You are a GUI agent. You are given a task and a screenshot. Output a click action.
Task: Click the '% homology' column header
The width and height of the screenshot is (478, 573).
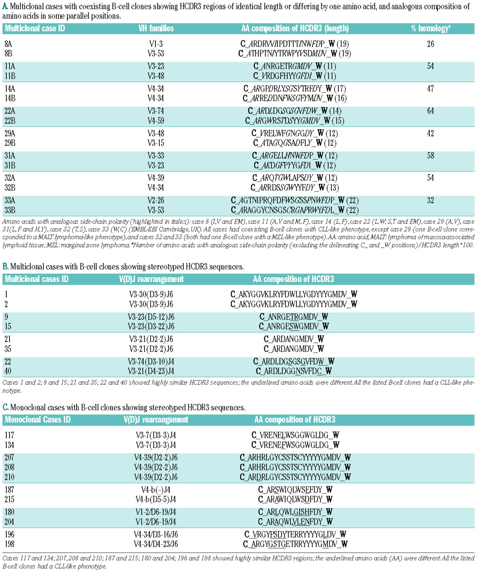click(430, 29)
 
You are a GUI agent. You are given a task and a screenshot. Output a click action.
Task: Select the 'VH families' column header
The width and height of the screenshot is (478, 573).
click(156, 29)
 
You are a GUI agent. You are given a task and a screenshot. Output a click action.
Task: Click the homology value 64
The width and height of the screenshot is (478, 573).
click(431, 111)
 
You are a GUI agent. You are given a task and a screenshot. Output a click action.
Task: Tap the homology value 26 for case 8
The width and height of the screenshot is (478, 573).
click(431, 44)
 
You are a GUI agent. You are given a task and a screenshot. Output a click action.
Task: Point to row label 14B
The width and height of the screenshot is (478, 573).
click(10, 98)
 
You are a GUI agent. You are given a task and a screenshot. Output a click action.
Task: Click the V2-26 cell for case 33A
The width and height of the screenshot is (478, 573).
click(156, 201)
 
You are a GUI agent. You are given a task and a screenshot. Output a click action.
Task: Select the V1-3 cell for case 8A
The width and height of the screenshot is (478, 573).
click(156, 44)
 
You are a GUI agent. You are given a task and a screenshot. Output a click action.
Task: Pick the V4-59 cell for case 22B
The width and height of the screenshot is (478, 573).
click(156, 121)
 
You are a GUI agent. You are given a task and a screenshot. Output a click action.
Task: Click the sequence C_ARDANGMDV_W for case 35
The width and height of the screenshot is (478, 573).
click(293, 349)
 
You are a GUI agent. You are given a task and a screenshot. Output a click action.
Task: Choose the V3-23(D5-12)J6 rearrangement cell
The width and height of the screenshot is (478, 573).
click(151, 317)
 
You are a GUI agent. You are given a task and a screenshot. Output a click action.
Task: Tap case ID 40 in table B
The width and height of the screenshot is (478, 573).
click(8, 371)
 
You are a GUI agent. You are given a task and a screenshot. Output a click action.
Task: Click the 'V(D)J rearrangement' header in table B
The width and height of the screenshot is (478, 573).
click(151, 279)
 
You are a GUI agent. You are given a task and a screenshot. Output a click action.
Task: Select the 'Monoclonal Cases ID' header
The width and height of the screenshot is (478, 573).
click(38, 420)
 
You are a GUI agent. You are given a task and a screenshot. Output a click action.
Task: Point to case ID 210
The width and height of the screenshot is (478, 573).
click(9, 477)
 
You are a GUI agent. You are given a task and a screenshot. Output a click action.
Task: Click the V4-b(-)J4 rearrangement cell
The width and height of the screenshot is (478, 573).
click(156, 490)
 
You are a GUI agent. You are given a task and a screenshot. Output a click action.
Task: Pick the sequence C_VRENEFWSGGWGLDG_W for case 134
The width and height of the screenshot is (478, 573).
click(295, 445)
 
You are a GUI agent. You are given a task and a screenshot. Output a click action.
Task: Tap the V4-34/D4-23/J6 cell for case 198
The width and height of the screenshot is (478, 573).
click(156, 544)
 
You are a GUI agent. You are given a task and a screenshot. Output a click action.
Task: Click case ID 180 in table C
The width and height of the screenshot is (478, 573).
click(9, 512)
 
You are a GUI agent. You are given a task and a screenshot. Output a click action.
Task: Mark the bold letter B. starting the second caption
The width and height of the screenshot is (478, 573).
click(5, 266)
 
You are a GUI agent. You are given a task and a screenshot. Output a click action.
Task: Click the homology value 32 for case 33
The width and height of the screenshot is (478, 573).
click(431, 201)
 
